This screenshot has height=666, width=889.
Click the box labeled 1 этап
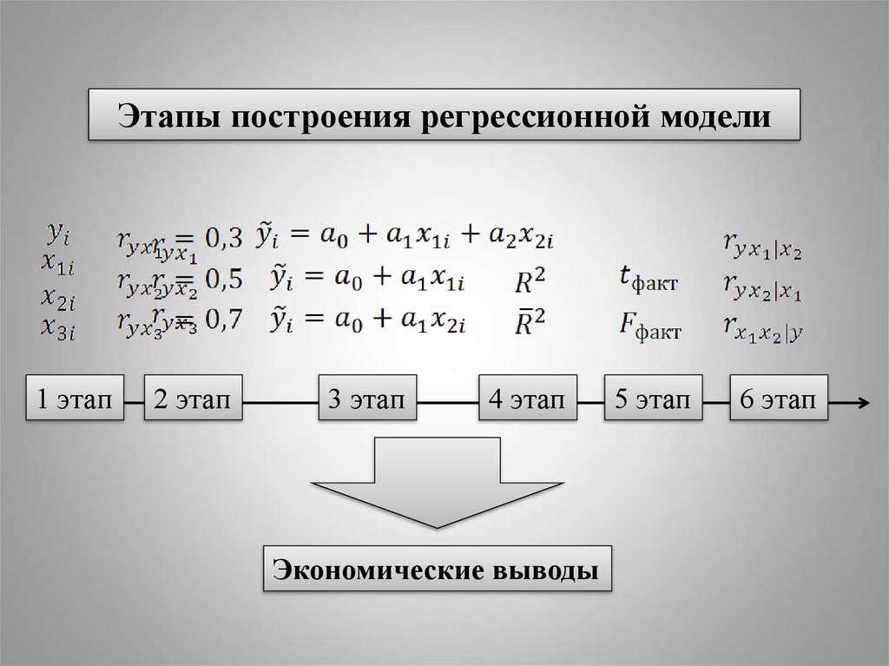[75, 399]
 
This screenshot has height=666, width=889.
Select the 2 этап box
[193, 399]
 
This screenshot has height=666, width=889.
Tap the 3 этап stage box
[366, 399]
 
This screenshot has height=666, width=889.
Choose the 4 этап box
[527, 399]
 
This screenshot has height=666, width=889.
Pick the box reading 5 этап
[653, 399]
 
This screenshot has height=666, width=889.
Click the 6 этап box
[779, 399]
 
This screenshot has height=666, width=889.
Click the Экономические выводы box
[437, 570]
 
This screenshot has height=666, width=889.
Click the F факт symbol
[649, 326]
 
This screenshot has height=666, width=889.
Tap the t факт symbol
[648, 280]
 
